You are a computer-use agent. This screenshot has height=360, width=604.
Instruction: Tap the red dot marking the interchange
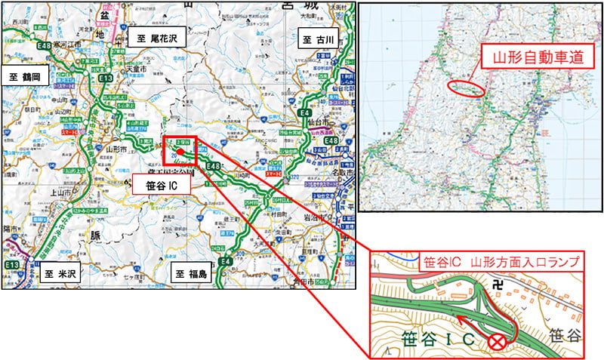click(x=180, y=151)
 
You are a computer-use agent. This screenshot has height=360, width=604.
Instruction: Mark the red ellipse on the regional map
click(x=464, y=88)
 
